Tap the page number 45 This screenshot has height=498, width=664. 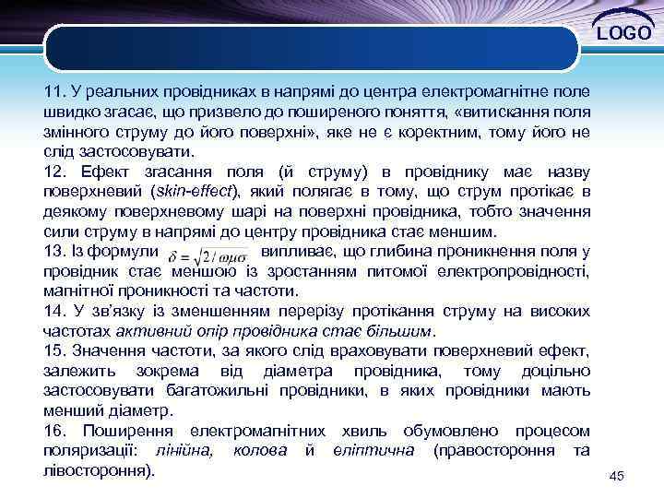click(617, 475)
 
